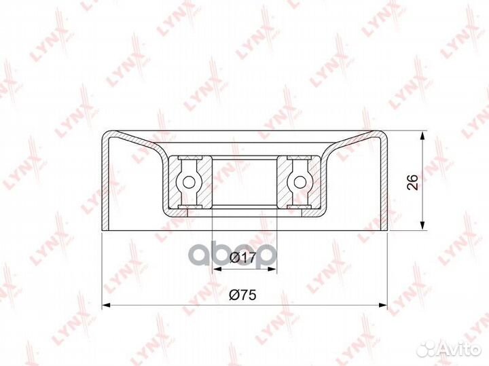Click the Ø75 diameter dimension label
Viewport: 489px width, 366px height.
coord(242,295)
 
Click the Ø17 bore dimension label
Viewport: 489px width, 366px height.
coord(242,257)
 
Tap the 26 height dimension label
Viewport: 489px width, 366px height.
coord(412,182)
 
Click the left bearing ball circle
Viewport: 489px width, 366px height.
coord(188,182)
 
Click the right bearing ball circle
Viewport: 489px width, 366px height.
coord(300,182)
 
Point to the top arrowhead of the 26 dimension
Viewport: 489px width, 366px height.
coord(422,136)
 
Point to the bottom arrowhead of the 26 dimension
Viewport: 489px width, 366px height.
coord(422,225)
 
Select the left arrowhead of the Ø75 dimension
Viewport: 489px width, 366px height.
coord(107,305)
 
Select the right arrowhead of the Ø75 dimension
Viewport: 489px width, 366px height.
coord(382,305)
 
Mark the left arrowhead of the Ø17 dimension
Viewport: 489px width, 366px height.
coord(217,270)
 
